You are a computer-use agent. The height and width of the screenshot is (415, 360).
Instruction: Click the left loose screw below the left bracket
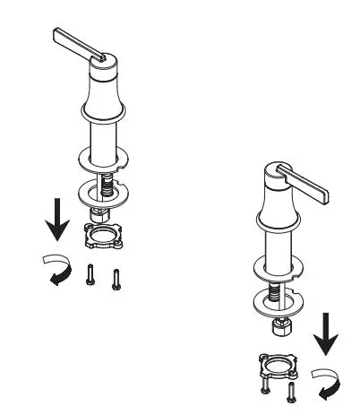point(90,275)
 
